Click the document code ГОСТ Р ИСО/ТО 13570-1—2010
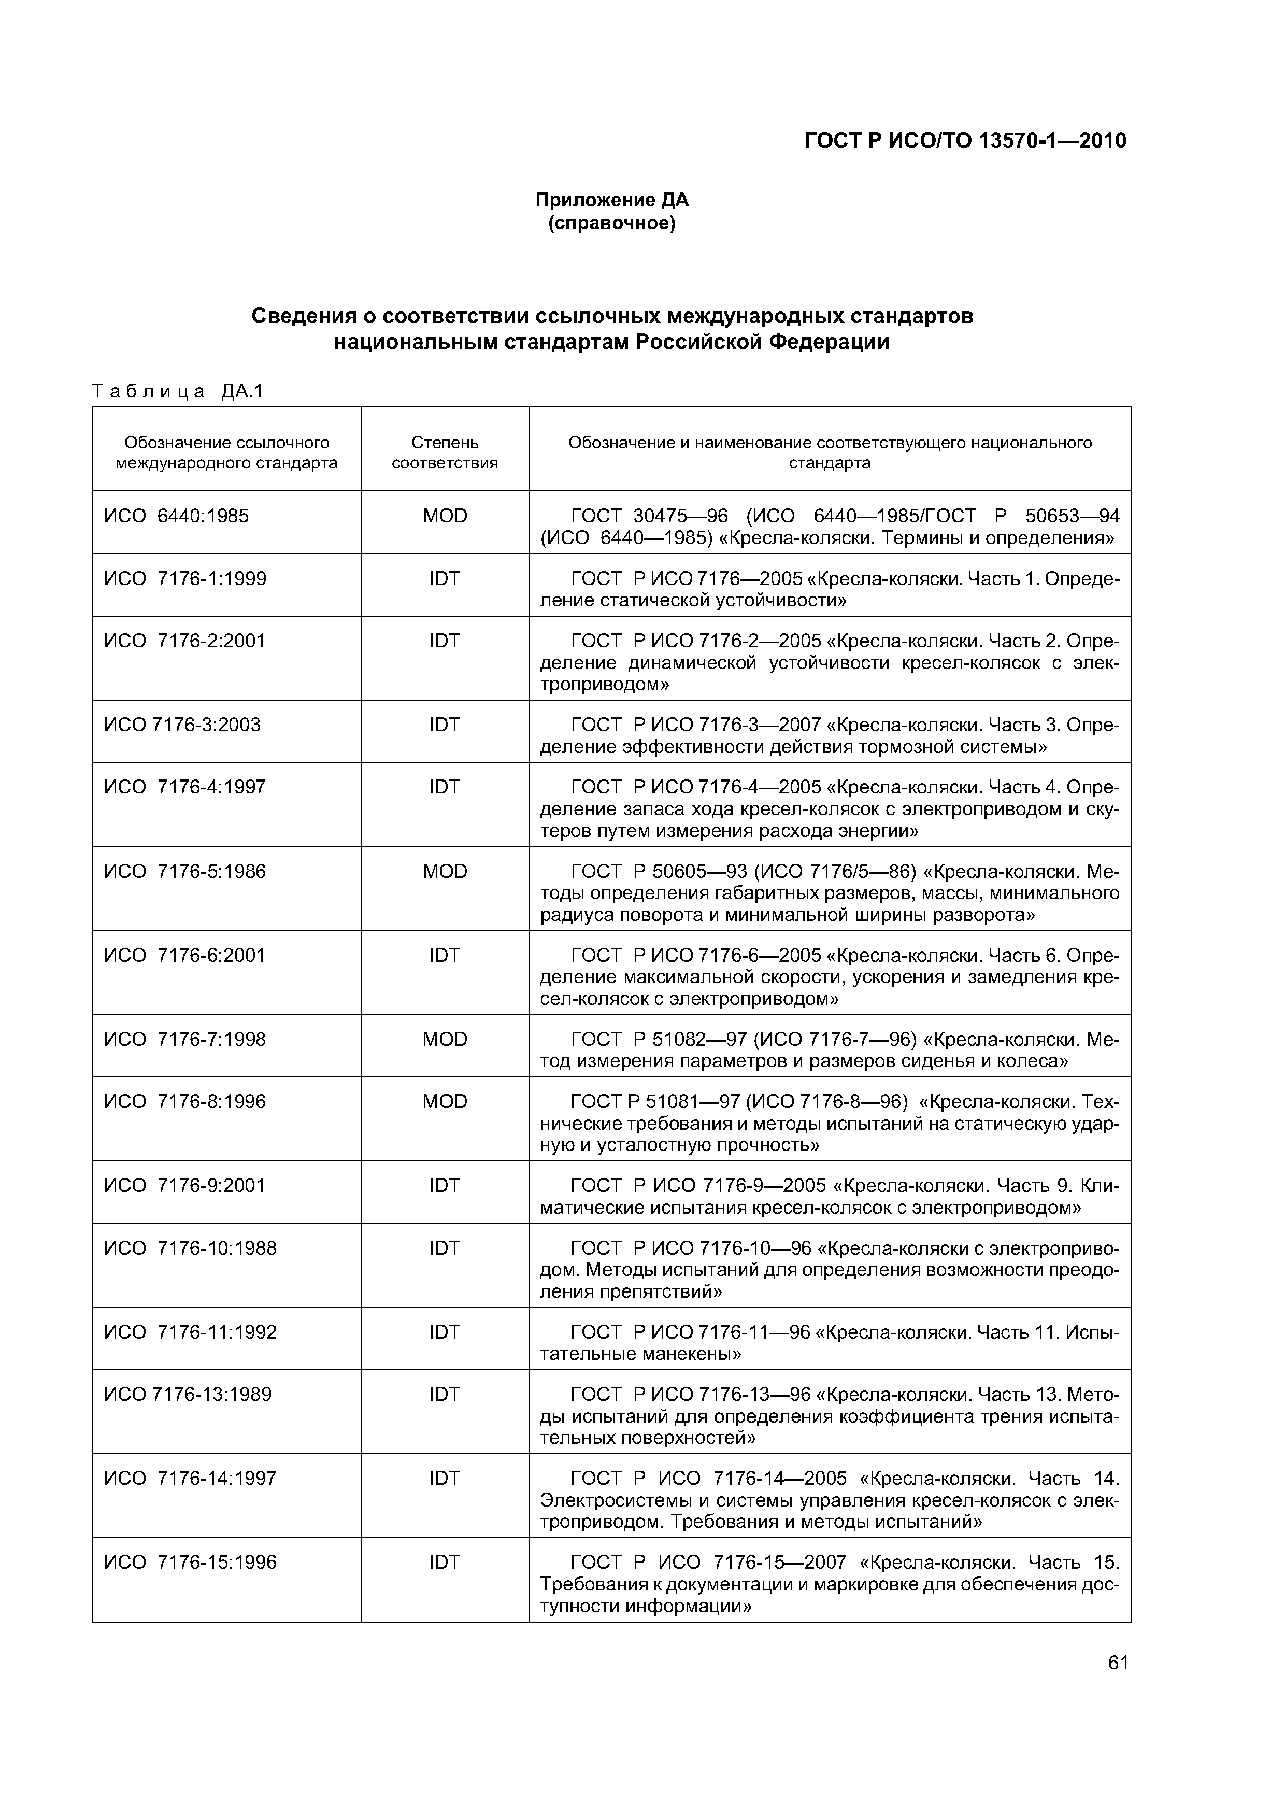click(964, 141)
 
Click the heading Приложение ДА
click(612, 201)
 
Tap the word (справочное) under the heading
click(612, 224)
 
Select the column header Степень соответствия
click(445, 452)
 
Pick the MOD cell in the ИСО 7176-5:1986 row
click(445, 871)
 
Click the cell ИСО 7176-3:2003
click(182, 725)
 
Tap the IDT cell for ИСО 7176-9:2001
click(445, 1185)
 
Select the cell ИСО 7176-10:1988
click(190, 1248)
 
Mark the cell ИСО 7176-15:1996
click(190, 1562)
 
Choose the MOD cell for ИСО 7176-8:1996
click(445, 1101)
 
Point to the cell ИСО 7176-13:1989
click(188, 1395)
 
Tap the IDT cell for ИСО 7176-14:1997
click(445, 1479)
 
